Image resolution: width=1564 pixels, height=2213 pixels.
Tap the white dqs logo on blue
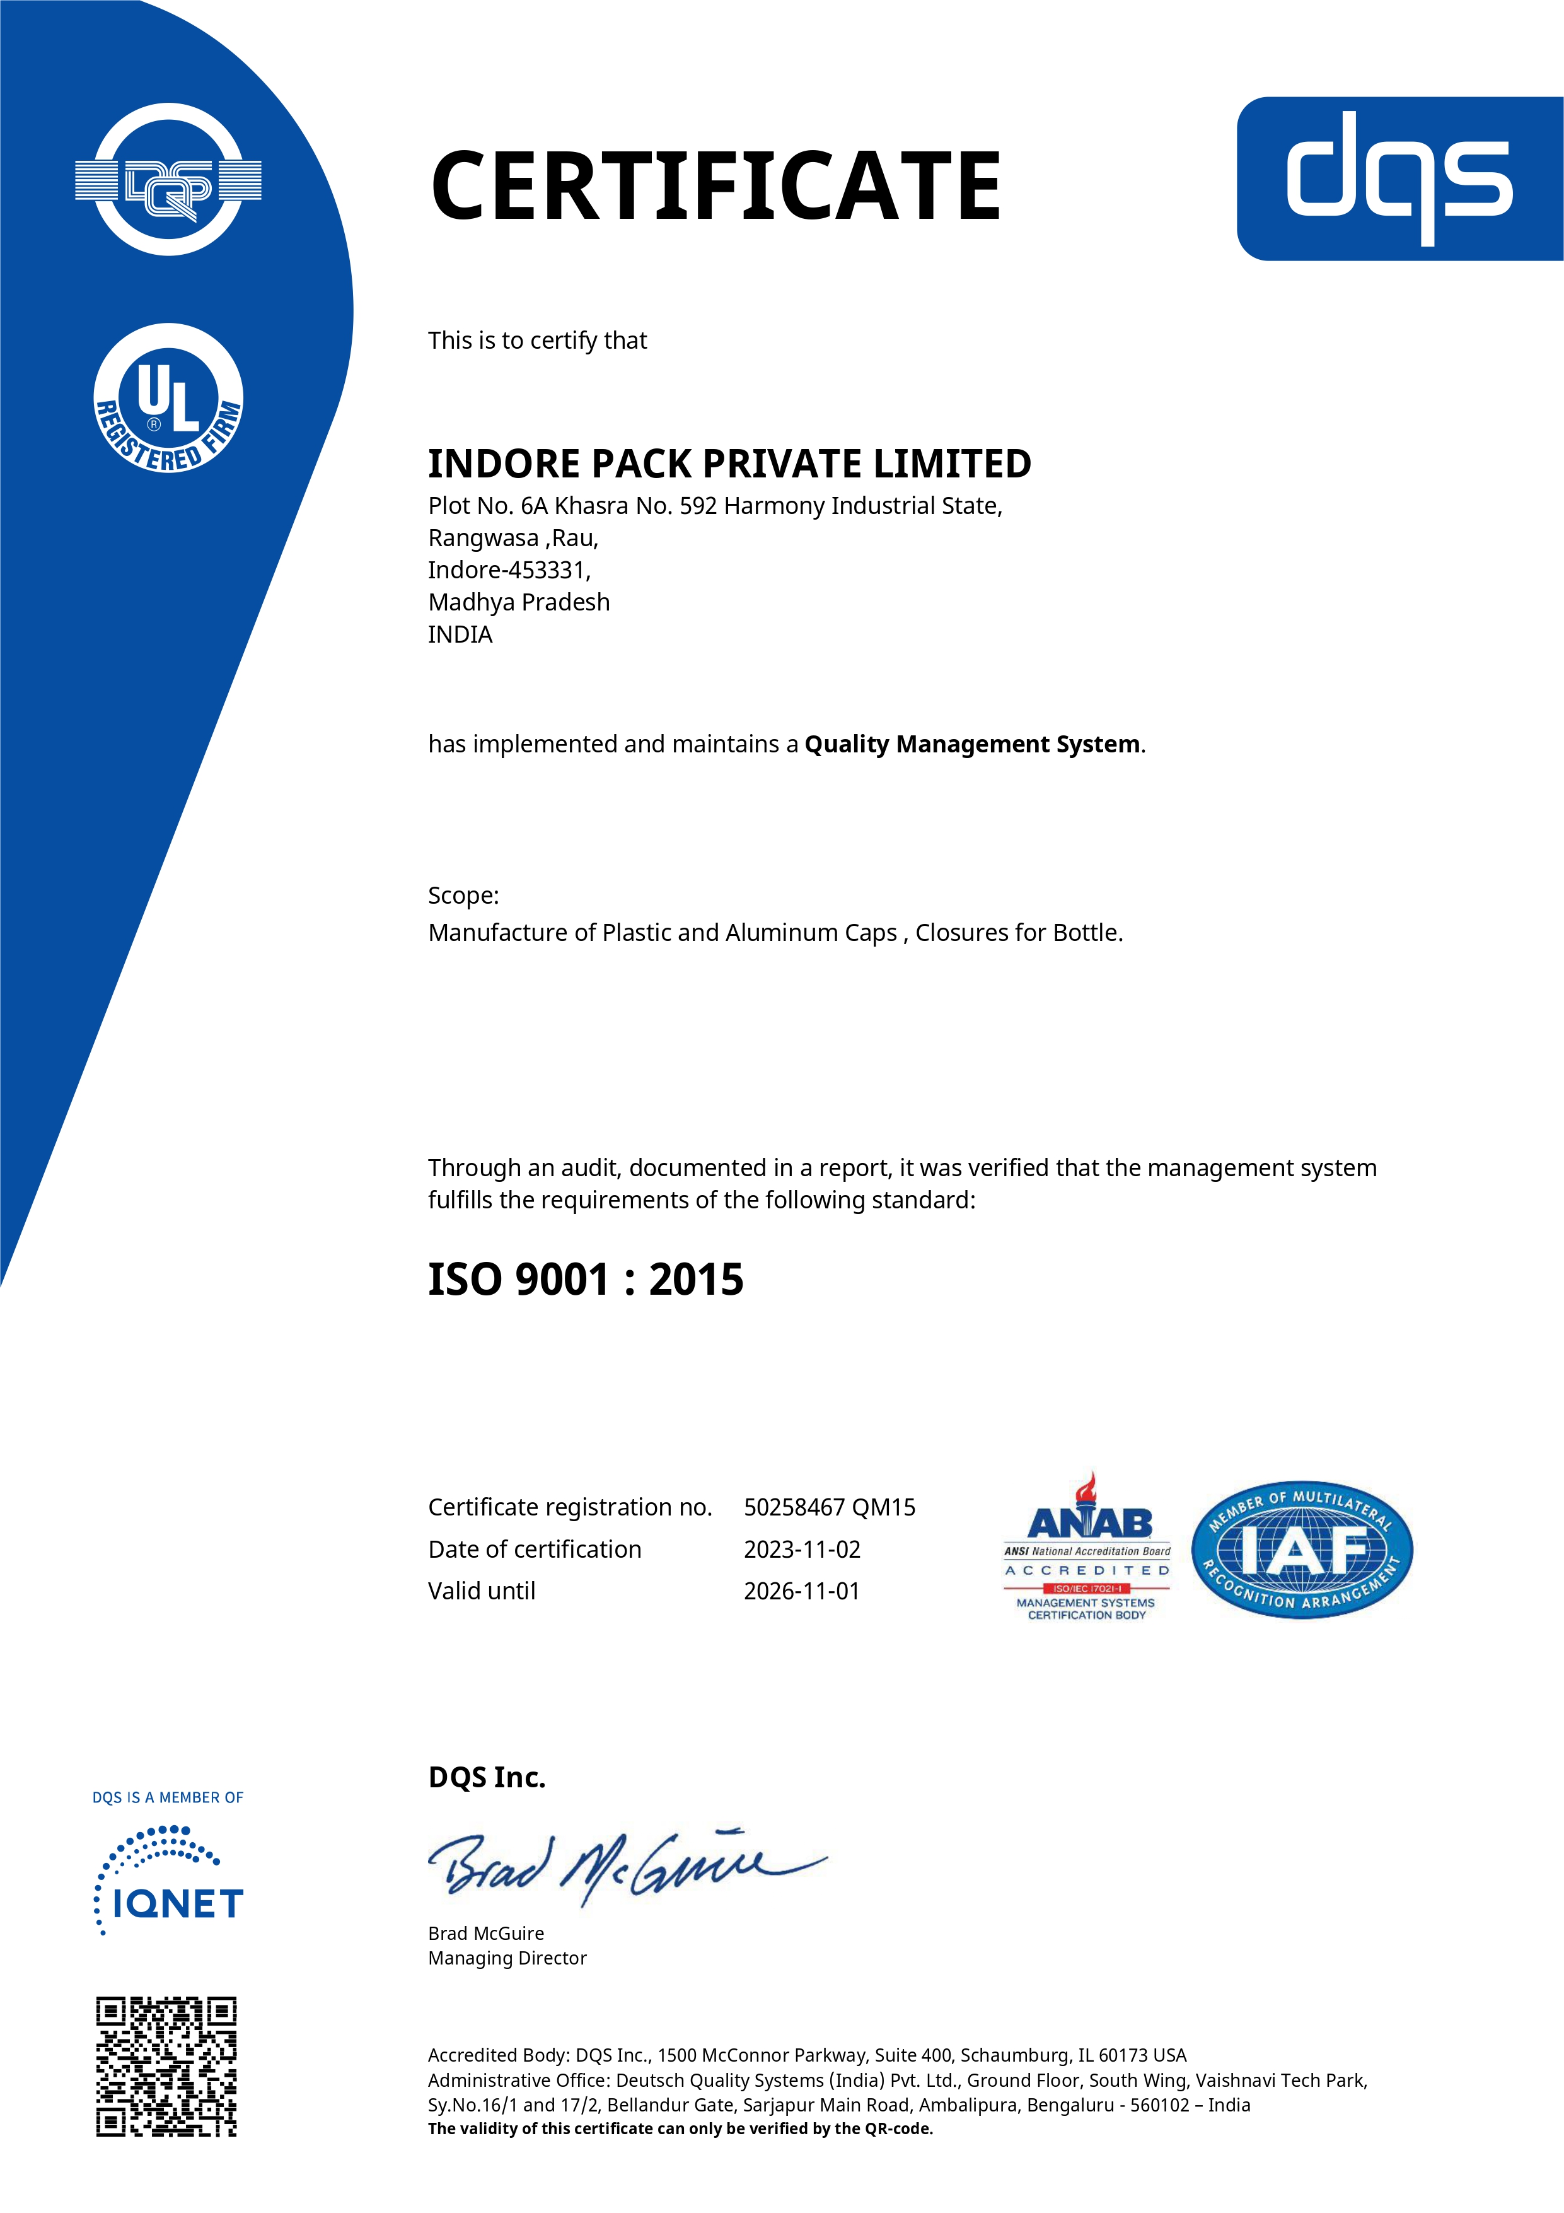(1399, 178)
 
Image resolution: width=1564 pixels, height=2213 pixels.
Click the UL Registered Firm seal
(169, 398)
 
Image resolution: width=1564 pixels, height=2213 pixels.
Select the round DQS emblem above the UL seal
(169, 179)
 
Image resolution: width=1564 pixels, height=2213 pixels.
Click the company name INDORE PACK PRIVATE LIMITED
(729, 464)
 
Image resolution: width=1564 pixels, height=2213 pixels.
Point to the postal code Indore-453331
(509, 569)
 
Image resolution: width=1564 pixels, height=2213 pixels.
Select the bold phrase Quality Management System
(972, 744)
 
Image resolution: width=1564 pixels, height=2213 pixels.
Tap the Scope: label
(463, 896)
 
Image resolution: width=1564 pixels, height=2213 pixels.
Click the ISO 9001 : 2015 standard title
(586, 1279)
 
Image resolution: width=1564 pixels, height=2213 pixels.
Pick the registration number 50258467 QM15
(830, 1507)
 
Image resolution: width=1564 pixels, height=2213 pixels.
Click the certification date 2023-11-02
(802, 1549)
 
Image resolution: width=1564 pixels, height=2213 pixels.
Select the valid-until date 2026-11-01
(802, 1591)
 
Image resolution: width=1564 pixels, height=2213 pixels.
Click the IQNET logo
(169, 1883)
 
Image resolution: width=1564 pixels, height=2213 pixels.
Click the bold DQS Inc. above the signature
(487, 1777)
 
